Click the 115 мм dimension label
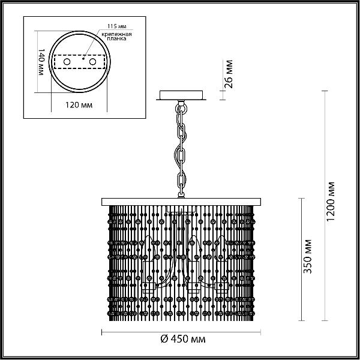click(x=117, y=26)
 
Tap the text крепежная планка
click(x=116, y=37)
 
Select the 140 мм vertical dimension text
click(x=41, y=62)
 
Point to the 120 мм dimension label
click(x=79, y=105)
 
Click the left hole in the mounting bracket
click(x=67, y=62)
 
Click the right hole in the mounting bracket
click(x=93, y=62)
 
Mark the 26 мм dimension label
click(x=229, y=74)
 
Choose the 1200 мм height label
click(x=331, y=202)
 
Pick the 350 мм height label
click(x=308, y=256)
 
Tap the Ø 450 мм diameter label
click(x=183, y=339)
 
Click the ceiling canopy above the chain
click(x=181, y=95)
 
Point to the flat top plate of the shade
click(x=181, y=202)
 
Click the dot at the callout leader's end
click(x=83, y=59)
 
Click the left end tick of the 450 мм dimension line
click(x=102, y=332)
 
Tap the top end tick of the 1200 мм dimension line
click(x=325, y=91)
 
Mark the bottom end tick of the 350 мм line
click(x=301, y=320)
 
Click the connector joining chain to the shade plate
click(x=181, y=195)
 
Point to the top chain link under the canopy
click(x=181, y=109)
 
